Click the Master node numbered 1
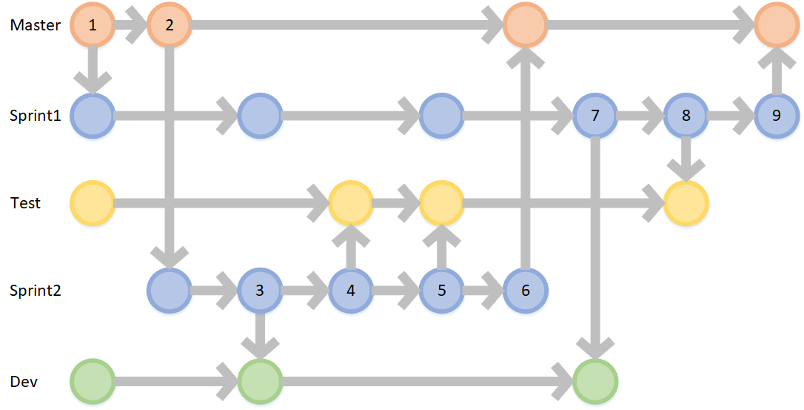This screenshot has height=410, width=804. click(x=93, y=24)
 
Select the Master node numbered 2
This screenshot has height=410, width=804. click(x=170, y=24)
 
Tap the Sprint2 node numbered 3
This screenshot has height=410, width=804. click(x=260, y=290)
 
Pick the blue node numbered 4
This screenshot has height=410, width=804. click(x=351, y=290)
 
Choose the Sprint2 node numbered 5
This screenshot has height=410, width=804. click(x=442, y=290)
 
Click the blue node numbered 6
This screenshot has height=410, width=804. click(x=526, y=290)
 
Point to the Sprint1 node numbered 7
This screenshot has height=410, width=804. click(x=595, y=116)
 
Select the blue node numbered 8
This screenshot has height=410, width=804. click(x=686, y=116)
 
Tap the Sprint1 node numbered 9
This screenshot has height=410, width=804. click(x=777, y=116)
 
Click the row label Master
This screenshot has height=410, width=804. click(x=35, y=25)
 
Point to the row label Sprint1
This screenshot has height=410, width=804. click(x=34, y=116)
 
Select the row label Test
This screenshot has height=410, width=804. click(x=25, y=202)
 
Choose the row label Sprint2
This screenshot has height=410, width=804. click(x=34, y=291)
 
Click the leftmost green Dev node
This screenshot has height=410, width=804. click(x=93, y=382)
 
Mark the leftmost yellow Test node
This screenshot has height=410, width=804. click(x=93, y=202)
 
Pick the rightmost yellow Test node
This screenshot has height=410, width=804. click(x=686, y=202)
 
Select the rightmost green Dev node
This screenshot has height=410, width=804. click(x=595, y=382)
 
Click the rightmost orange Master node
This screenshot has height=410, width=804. click(x=777, y=24)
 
